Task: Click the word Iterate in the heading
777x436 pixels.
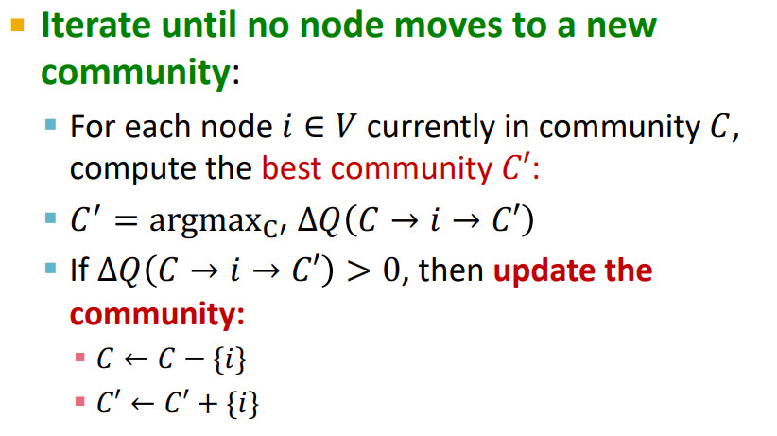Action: pyautogui.click(x=96, y=25)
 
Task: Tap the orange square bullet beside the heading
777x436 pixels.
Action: pyautogui.click(x=17, y=25)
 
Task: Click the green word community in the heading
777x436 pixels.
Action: pyautogui.click(x=136, y=72)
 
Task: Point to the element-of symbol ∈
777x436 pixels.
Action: pyautogui.click(x=314, y=127)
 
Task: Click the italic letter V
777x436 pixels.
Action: pyautogui.click(x=345, y=127)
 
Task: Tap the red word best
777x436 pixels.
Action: pyautogui.click(x=291, y=168)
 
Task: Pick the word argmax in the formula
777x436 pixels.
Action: pyautogui.click(x=205, y=220)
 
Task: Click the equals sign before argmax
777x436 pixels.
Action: pyautogui.click(x=126, y=220)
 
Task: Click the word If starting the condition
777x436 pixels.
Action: pyautogui.click(x=79, y=270)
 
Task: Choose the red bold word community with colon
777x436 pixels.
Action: pyautogui.click(x=158, y=314)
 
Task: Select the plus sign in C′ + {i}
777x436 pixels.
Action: pyautogui.click(x=208, y=403)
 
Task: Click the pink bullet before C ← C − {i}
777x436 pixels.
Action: pyautogui.click(x=79, y=358)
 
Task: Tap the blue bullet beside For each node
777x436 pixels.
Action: pyautogui.click(x=50, y=124)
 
